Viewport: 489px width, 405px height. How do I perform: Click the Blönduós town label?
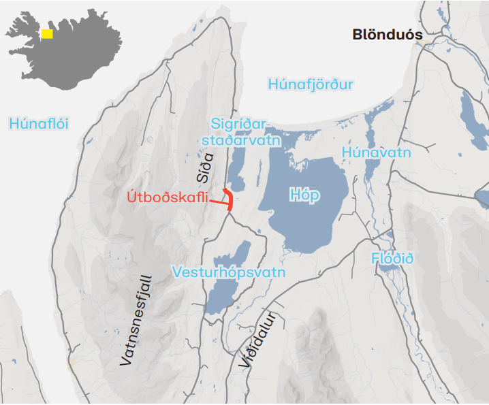[387, 35]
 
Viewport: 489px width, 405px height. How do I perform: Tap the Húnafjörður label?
[311, 84]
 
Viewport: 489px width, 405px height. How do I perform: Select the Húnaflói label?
[40, 123]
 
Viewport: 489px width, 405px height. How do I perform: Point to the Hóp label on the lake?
[304, 195]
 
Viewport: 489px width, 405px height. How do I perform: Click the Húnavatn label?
[377, 152]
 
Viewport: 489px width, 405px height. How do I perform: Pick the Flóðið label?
[393, 259]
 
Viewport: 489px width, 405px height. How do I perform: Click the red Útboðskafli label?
[168, 198]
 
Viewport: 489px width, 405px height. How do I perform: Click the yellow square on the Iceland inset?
[47, 33]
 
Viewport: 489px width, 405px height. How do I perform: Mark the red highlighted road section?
[230, 199]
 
